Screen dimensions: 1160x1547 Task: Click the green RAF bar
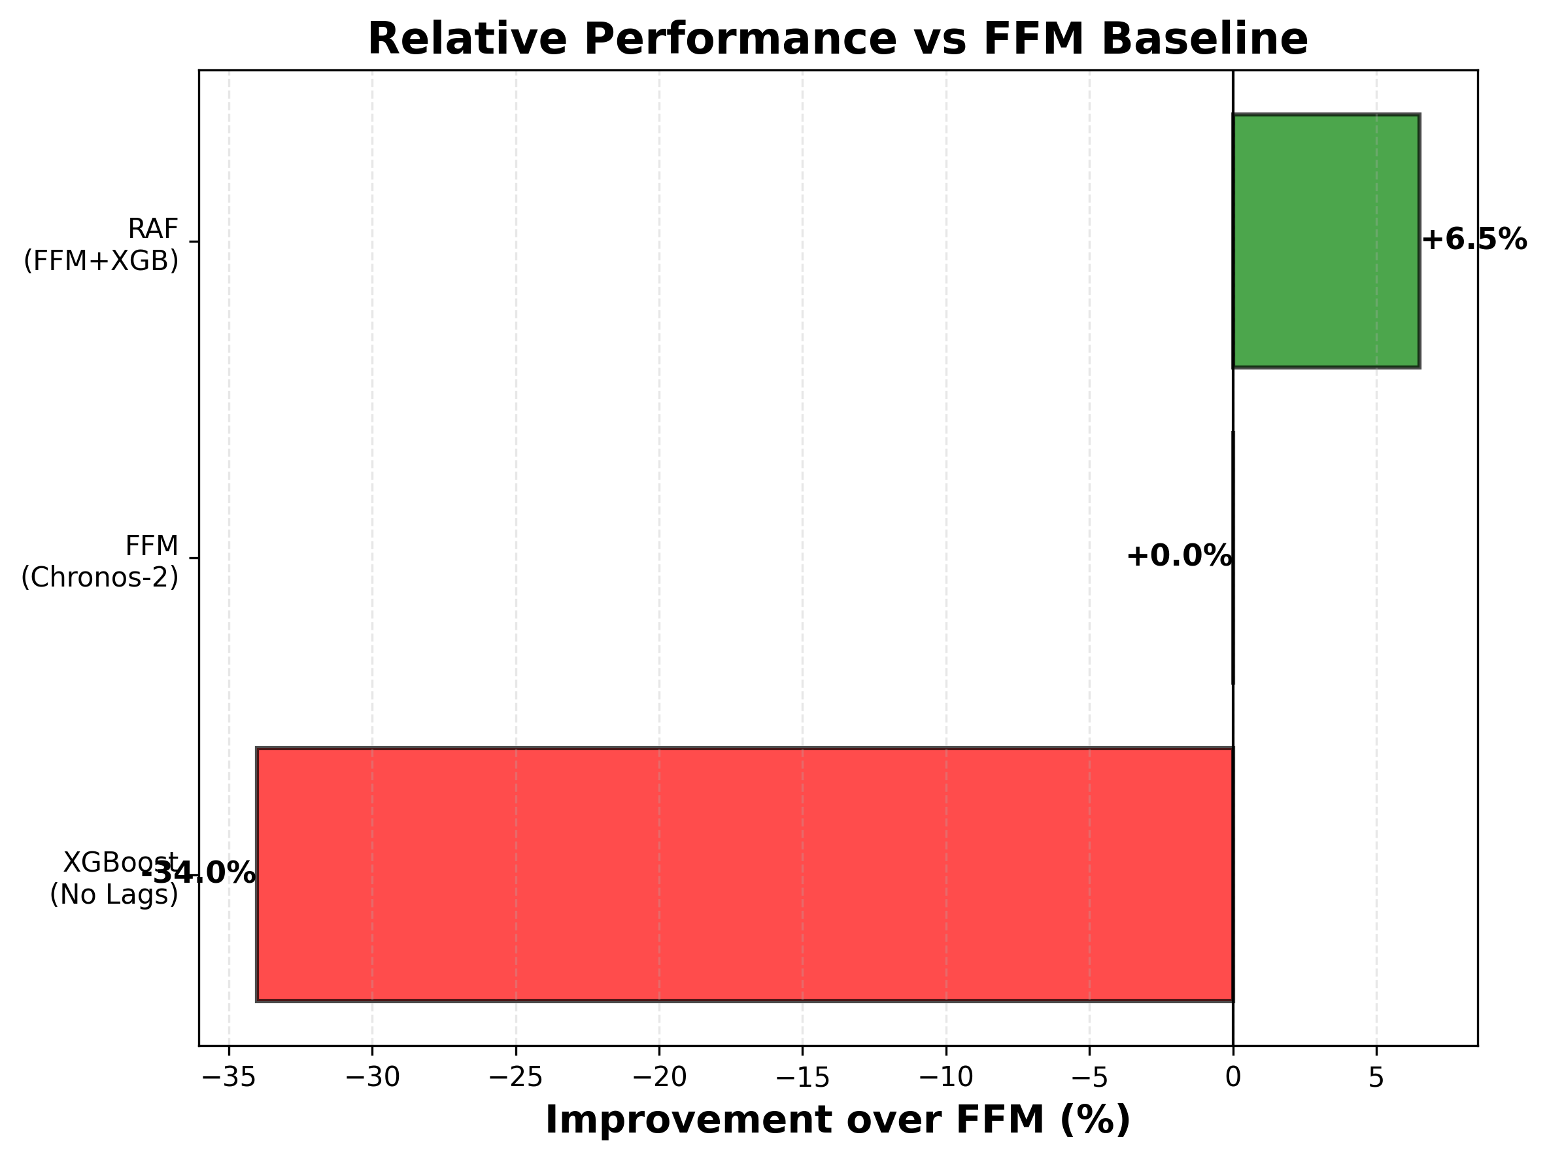coord(1325,241)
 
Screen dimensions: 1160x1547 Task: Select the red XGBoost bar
coord(744,874)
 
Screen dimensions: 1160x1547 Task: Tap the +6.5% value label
coord(1474,241)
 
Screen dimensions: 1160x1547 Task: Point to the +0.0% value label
coord(1178,556)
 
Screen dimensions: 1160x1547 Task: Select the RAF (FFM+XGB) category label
coord(101,245)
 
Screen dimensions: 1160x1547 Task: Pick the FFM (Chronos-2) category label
coord(100,562)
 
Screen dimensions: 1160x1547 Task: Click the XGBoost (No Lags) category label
coord(114,878)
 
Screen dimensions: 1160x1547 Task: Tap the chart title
coord(837,39)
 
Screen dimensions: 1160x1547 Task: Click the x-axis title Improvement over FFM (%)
coord(837,1120)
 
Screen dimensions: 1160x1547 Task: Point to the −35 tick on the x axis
coord(228,1078)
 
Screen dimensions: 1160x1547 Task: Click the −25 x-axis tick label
coord(515,1078)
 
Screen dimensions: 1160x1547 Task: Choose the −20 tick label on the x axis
coord(659,1078)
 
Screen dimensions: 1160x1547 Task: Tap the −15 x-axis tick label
coord(802,1078)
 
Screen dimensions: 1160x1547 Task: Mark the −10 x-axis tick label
coord(945,1078)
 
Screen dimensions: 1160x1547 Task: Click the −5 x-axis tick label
coord(1089,1078)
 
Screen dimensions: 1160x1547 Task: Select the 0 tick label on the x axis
coord(1233,1078)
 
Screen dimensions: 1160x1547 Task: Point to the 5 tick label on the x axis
coord(1376,1078)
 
